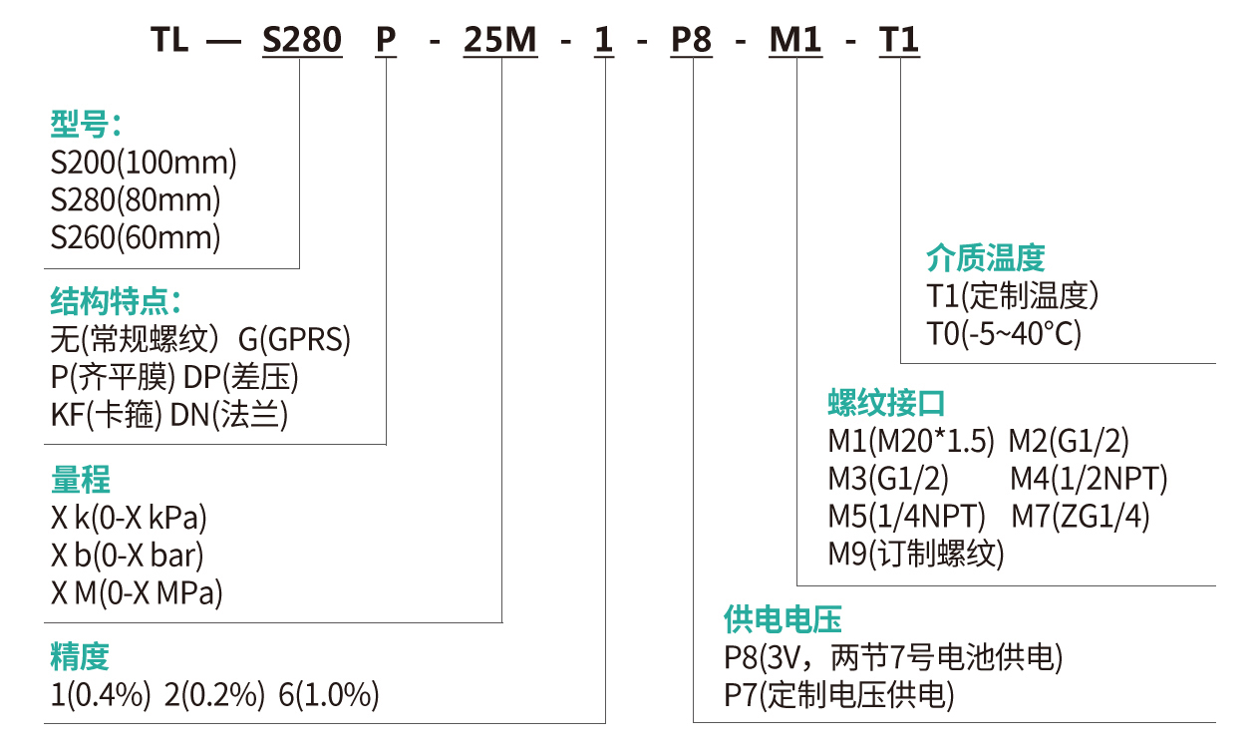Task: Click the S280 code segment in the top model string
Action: [x=301, y=41]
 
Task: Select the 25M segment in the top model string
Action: [x=499, y=41]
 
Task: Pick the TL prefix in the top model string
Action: [x=169, y=41]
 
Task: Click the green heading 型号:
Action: [x=86, y=125]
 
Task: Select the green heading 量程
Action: [x=80, y=480]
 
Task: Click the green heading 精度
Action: [x=80, y=656]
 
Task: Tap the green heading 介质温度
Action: [x=985, y=258]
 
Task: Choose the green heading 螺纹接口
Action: [x=886, y=403]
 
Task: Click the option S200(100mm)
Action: [x=144, y=163]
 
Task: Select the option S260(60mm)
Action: [x=136, y=238]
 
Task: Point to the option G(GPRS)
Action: [x=294, y=341]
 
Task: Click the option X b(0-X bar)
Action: [x=128, y=556]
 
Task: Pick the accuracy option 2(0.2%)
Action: [x=214, y=695]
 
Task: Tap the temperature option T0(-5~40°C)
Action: [x=1004, y=334]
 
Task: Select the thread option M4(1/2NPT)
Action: [x=1089, y=479]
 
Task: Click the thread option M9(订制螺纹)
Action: [x=916, y=554]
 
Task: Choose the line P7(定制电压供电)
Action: [x=838, y=695]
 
